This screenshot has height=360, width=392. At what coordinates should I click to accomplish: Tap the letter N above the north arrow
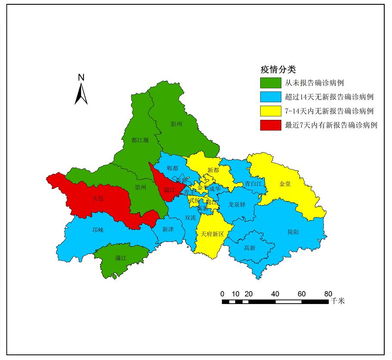pyautogui.click(x=81, y=78)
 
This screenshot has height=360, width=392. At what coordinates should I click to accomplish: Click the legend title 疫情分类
pyautogui.click(x=277, y=69)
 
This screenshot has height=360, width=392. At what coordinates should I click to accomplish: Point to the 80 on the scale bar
pyautogui.click(x=328, y=294)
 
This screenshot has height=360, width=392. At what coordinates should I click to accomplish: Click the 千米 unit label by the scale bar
pyautogui.click(x=338, y=301)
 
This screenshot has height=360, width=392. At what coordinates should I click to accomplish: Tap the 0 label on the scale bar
pyautogui.click(x=222, y=294)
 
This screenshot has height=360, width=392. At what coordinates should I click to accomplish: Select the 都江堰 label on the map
pyautogui.click(x=140, y=140)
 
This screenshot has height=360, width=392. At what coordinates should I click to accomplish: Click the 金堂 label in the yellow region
pyautogui.click(x=285, y=184)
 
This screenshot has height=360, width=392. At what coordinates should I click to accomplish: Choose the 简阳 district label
pyautogui.click(x=293, y=232)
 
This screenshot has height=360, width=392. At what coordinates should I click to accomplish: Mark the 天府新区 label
pyautogui.click(x=212, y=234)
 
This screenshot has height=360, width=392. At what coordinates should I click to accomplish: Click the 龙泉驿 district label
pyautogui.click(x=236, y=204)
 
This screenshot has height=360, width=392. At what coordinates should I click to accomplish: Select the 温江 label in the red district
pyautogui.click(x=169, y=190)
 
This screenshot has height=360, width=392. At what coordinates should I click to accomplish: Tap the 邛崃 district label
pyautogui.click(x=98, y=230)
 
